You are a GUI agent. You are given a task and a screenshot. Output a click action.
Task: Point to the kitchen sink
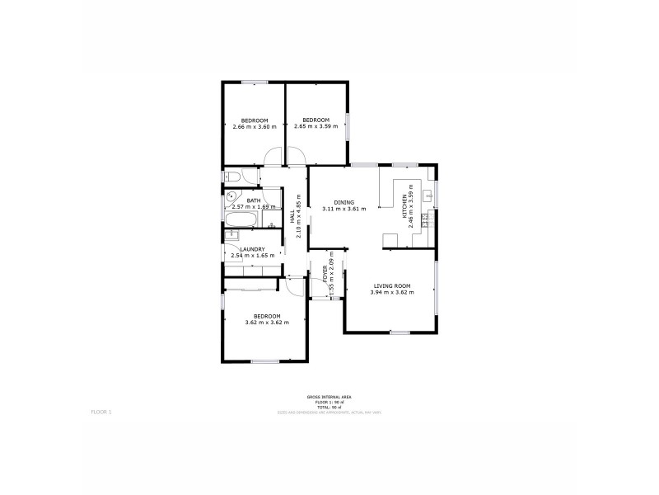click(x=428, y=196)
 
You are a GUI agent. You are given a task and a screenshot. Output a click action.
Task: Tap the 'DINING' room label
click(x=344, y=201)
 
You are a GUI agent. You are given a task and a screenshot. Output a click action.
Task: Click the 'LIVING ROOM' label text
click(x=390, y=286)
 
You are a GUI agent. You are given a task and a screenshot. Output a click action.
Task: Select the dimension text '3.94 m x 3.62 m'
click(x=390, y=293)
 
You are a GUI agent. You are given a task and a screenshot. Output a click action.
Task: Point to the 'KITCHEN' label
click(x=404, y=206)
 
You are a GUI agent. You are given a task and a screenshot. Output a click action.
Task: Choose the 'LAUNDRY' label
click(x=252, y=249)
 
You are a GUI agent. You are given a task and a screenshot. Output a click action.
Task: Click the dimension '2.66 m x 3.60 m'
click(x=254, y=127)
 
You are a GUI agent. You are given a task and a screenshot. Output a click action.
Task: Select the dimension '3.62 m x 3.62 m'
click(x=266, y=323)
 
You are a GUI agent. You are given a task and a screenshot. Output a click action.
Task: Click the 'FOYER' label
click(x=325, y=273)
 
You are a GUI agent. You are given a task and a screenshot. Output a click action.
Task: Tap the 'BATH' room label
click(x=253, y=200)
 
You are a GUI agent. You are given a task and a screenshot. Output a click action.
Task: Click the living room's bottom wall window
click(x=400, y=332)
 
